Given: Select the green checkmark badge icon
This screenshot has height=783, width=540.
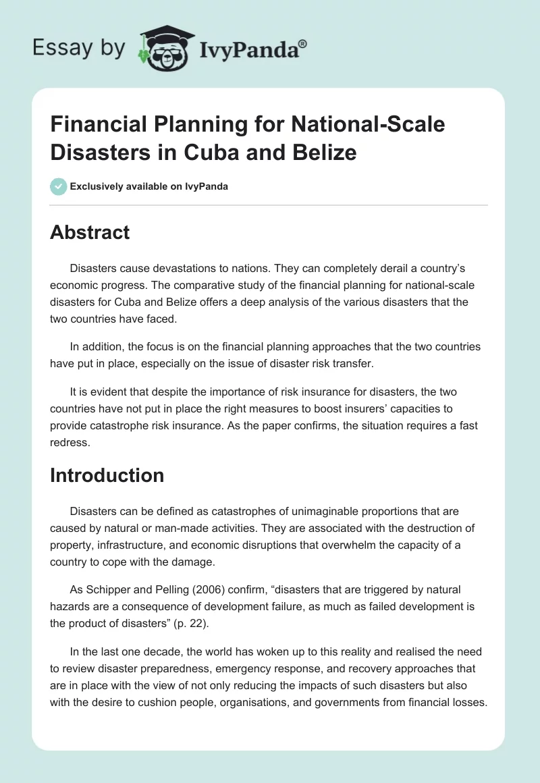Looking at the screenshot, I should pos(59,186).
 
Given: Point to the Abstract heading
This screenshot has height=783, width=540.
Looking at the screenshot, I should pos(90,232).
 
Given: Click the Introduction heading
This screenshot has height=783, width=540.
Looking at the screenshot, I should pos(107,475).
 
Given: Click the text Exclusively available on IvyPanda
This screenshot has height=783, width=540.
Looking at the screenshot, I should pos(149,187).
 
